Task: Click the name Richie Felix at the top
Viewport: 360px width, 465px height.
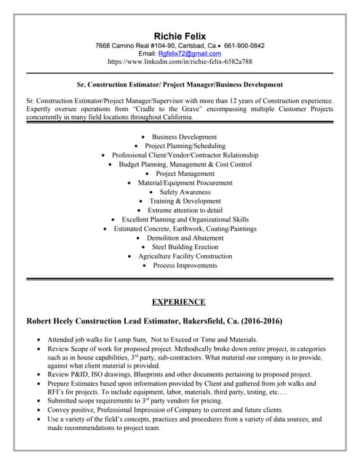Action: pos(180,36)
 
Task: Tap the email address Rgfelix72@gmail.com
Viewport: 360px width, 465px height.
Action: pos(190,54)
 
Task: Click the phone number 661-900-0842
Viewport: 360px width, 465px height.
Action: pos(244,45)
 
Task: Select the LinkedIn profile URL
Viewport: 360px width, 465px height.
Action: pos(180,62)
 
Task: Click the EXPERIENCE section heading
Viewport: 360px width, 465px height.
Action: pos(179,302)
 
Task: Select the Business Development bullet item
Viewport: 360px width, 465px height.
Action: pos(184,137)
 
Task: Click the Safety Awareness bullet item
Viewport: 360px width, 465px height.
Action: pos(185,192)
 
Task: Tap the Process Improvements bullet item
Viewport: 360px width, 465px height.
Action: pos(185,265)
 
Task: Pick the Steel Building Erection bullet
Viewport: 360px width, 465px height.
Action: pos(185,247)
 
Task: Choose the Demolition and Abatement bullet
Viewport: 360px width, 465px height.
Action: pos(185,238)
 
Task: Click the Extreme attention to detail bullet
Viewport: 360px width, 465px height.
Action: pos(185,210)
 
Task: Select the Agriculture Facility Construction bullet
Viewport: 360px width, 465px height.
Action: pos(185,256)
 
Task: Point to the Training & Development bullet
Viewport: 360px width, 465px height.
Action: pos(185,201)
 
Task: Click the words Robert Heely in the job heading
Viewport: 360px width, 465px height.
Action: pos(57,320)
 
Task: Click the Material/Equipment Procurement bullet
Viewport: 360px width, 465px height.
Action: pos(185,182)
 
